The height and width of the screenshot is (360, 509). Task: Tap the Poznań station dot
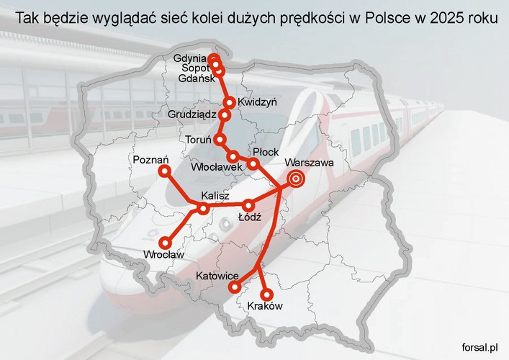click(164, 171)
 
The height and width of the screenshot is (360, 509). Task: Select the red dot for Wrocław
click(166, 242)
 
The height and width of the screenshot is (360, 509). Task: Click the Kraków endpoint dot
click(266, 294)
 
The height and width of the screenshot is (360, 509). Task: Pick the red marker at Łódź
click(248, 204)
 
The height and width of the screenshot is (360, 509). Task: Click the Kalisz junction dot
click(203, 209)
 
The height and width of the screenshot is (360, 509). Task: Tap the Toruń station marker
click(220, 139)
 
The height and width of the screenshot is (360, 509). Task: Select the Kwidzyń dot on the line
click(230, 102)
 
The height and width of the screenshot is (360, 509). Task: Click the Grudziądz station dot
click(225, 114)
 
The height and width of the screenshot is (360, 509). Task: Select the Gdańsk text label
click(195, 78)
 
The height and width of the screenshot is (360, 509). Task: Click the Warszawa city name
click(310, 163)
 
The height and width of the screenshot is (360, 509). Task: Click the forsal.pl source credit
click(482, 347)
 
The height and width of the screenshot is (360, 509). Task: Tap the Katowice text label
click(217, 276)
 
